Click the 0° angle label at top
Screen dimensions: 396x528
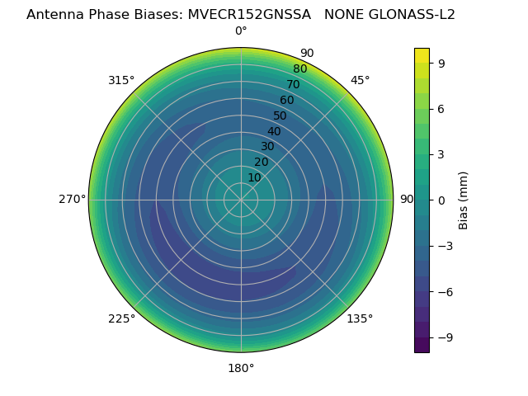tap(241, 31)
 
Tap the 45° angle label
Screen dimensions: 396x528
tap(361, 80)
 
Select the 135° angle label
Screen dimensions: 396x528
tap(360, 318)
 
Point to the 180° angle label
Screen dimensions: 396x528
tap(241, 368)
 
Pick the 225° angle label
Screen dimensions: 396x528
tap(121, 318)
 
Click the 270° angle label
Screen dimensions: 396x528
tap(72, 200)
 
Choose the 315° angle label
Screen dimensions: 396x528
tap(121, 80)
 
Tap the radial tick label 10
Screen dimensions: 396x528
tap(254, 177)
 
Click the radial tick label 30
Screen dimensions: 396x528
tap(267, 147)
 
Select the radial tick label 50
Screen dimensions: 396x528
tap(280, 116)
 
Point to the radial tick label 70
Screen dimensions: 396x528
tap(293, 85)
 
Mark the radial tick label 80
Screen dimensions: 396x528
tap(299, 69)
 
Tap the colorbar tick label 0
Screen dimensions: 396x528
tap(441, 200)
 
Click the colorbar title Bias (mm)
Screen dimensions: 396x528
tap(464, 200)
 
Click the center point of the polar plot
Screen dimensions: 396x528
tap(241, 200)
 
